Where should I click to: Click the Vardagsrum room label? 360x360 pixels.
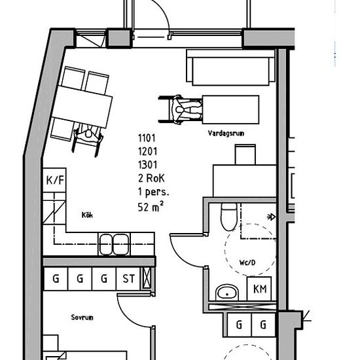click(x=226, y=133)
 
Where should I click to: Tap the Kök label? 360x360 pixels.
click(x=87, y=215)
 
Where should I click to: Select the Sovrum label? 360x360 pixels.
click(x=82, y=317)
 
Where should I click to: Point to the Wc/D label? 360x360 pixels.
click(x=247, y=262)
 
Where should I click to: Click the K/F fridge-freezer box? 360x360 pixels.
click(x=54, y=180)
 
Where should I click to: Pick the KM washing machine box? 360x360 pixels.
click(x=259, y=289)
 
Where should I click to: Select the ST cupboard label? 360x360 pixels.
click(x=128, y=279)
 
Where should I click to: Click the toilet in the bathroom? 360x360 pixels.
click(x=228, y=217)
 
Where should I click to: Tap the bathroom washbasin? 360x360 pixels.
click(x=227, y=293)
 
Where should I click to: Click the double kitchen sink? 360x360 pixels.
click(x=114, y=244)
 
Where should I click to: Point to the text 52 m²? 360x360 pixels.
click(x=151, y=206)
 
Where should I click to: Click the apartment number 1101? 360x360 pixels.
click(x=147, y=138)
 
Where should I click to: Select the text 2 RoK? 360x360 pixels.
click(x=151, y=178)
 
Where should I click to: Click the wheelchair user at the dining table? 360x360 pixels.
click(x=88, y=139)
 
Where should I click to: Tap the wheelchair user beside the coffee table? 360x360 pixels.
click(x=181, y=110)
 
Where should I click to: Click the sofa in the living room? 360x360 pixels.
click(x=230, y=67)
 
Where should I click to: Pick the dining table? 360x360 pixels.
click(x=82, y=107)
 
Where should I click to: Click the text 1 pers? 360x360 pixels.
click(x=153, y=192)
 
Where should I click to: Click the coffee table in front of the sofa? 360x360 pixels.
click(x=231, y=109)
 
